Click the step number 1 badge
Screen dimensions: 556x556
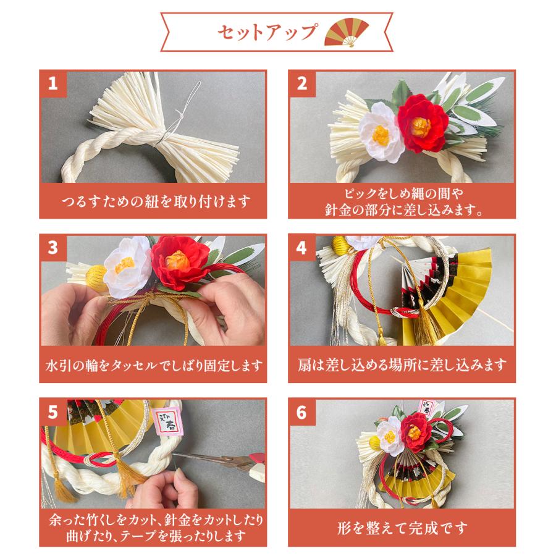[53, 83]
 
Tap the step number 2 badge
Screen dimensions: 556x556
[301, 83]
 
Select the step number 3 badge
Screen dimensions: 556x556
[53, 248]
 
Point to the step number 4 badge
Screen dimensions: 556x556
[301, 248]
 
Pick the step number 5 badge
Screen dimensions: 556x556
[53, 412]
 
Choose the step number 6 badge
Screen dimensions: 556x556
[301, 412]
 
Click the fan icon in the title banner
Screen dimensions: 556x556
[347, 32]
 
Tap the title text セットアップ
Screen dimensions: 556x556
[267, 32]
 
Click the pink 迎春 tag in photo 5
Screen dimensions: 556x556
[167, 421]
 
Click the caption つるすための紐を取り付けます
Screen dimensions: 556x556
[156, 201]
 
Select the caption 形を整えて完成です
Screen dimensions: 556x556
[402, 528]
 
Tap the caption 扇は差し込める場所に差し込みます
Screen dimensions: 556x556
[402, 365]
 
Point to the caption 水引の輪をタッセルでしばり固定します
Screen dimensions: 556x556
[154, 365]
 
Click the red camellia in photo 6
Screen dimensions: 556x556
[416, 432]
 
